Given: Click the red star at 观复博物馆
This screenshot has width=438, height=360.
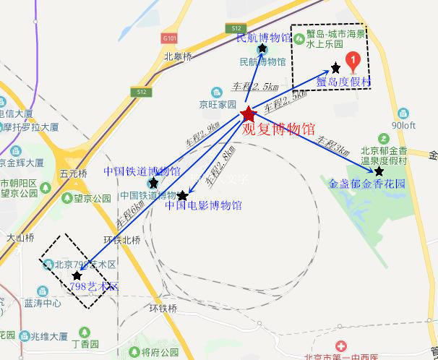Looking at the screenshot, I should coord(249,114).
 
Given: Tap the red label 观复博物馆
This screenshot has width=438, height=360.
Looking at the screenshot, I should coord(278,130).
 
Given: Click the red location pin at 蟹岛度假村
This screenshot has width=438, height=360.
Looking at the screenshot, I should coord(352,61).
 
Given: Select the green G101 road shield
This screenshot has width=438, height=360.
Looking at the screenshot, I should coord(170,38).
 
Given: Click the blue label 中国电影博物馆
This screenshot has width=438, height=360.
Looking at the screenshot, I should coord(204,206).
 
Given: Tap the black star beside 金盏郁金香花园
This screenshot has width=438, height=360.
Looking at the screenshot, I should coord(379,171).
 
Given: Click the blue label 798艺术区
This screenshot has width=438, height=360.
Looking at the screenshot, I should coord(95,287).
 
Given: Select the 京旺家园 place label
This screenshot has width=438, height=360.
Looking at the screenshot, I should coord(218,103).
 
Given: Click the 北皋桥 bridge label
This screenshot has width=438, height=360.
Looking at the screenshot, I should coord(178,56).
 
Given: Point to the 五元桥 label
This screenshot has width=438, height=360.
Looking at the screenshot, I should coord(74,173).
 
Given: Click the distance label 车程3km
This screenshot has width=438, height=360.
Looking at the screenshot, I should coord(332,147).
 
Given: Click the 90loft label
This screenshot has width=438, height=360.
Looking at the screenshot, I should coord(404,124).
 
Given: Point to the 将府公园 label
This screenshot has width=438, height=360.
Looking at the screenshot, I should coord(160,352).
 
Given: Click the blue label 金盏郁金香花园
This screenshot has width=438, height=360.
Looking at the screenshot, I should coord(367,184).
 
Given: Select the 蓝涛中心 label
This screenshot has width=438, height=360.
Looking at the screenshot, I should coord(42,303).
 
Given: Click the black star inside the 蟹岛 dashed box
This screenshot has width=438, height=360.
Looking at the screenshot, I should coord(335,68).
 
